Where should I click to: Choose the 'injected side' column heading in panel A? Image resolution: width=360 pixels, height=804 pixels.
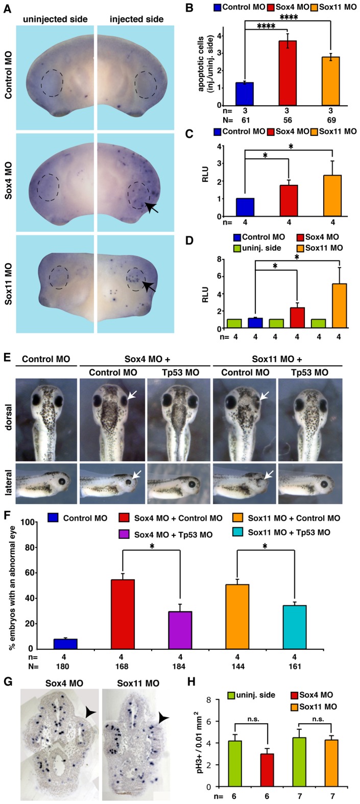point(136,20)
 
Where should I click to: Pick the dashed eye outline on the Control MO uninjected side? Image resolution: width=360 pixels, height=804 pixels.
point(52,83)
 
